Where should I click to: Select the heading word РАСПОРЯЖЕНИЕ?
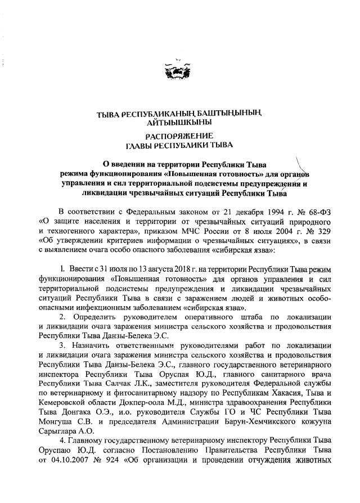point(179,135)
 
